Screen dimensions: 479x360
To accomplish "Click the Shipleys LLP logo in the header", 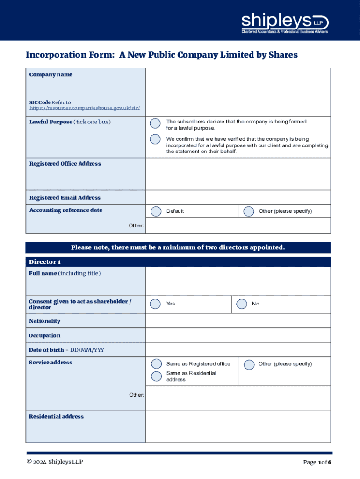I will coord(285,23).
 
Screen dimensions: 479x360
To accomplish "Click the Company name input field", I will coord(238,82).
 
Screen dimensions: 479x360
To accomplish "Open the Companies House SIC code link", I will coord(85,108).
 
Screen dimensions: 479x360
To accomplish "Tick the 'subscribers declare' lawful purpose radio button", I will coord(155,123).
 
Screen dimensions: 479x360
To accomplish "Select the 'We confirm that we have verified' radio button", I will coord(155,139).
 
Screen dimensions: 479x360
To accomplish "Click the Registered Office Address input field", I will coord(238,174).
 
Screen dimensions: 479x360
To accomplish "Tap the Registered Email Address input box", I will coord(238,197).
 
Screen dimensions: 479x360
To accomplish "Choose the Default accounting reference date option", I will coord(156,211).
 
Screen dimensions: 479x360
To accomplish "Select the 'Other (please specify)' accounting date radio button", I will coord(249,211).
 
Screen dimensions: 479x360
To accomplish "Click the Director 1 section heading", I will coord(45,262).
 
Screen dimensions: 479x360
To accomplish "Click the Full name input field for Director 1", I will coord(238,281).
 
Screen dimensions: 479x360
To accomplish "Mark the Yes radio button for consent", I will coord(155,304).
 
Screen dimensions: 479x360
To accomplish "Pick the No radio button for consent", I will coord(242,304).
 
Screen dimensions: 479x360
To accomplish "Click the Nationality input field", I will coord(238,321).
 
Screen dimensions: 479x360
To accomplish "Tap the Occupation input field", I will coord(238,335).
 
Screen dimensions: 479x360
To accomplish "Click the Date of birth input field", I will coord(238,350).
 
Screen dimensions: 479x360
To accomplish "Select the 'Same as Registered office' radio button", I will coord(156,364).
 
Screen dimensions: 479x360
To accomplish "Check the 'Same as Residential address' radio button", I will coord(156,376).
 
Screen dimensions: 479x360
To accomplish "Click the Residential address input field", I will coord(238,426).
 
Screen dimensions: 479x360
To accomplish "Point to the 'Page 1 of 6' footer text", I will coord(317,463).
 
